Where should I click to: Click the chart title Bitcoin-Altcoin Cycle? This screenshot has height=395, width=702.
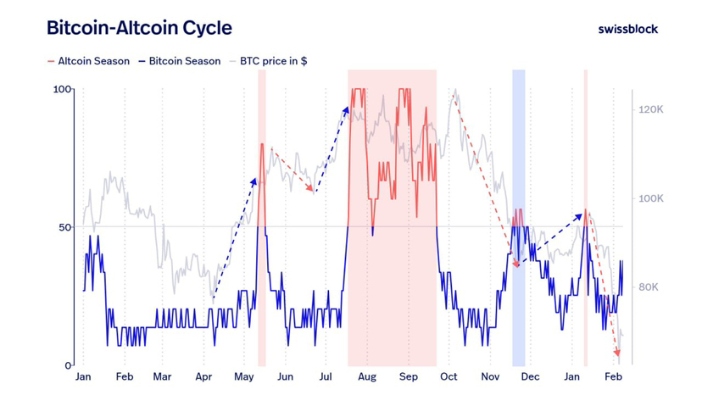point(138,28)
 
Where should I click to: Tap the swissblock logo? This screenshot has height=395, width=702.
point(627,29)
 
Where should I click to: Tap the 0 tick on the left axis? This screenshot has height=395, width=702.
point(69,365)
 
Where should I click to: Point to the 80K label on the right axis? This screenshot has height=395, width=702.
point(649,287)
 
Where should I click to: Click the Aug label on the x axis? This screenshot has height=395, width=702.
point(366,376)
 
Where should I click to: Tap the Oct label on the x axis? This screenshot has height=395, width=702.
point(448,376)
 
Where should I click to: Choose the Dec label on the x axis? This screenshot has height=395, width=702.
point(530,376)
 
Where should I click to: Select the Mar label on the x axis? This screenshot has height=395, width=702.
point(162,376)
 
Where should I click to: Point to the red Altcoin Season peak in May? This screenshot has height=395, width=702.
point(262,146)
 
